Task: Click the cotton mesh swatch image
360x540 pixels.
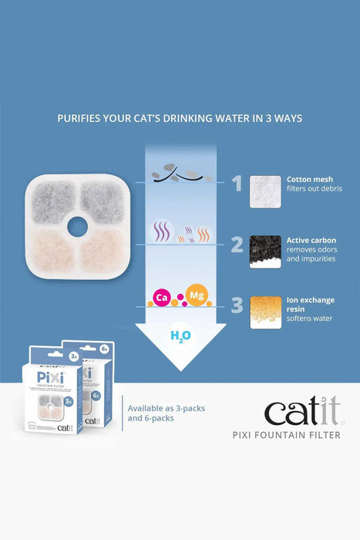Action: pyautogui.click(x=265, y=191)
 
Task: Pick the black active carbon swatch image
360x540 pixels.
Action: pyautogui.click(x=265, y=251)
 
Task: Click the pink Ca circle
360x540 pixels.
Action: pyautogui.click(x=162, y=297)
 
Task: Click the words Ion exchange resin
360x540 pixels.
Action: pyautogui.click(x=308, y=307)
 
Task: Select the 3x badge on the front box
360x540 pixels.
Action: pyautogui.click(x=73, y=356)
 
